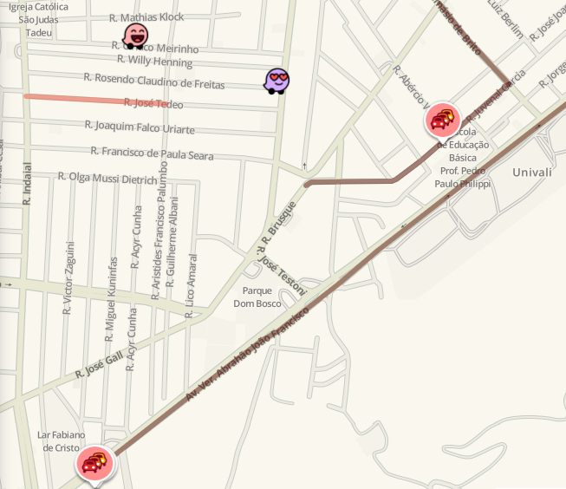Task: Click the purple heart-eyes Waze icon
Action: [x=276, y=81]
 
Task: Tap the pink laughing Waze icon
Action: [x=135, y=36]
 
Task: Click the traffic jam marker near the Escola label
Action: [x=442, y=120]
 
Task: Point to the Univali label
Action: [x=531, y=173]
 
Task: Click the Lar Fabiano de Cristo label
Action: [x=61, y=440]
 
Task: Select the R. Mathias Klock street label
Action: [x=147, y=17]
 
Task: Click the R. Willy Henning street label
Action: [x=154, y=61]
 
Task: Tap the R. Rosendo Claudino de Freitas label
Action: [x=154, y=81]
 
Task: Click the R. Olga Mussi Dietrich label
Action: [x=108, y=177]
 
